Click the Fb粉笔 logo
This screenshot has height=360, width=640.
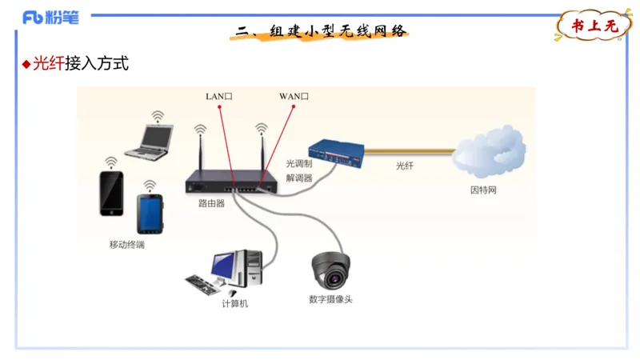(50, 17)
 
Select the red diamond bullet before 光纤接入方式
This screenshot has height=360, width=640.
(26, 64)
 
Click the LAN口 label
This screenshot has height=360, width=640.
(218, 96)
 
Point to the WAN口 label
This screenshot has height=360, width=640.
(294, 96)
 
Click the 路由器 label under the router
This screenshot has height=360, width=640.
(211, 203)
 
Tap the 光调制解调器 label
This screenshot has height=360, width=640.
(299, 170)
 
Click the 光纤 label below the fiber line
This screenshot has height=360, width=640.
(405, 166)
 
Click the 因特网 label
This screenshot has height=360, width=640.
(483, 190)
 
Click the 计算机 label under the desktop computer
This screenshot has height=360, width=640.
(234, 304)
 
